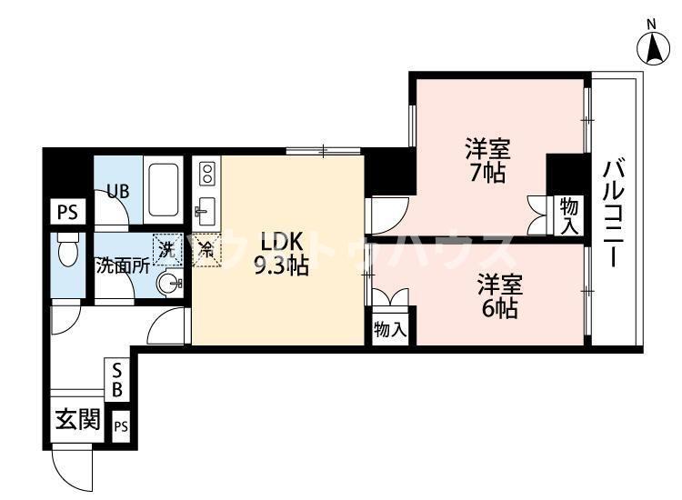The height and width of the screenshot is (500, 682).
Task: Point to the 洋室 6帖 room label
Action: (499, 295)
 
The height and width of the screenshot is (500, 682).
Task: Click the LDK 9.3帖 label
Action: (283, 255)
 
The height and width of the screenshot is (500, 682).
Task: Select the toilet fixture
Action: (66, 250)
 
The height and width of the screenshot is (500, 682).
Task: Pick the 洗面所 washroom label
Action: (123, 267)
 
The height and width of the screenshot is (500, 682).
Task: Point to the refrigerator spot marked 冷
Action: (206, 248)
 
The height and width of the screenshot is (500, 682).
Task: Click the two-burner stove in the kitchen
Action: (206, 173)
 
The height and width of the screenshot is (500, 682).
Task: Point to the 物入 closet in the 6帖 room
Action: (390, 329)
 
